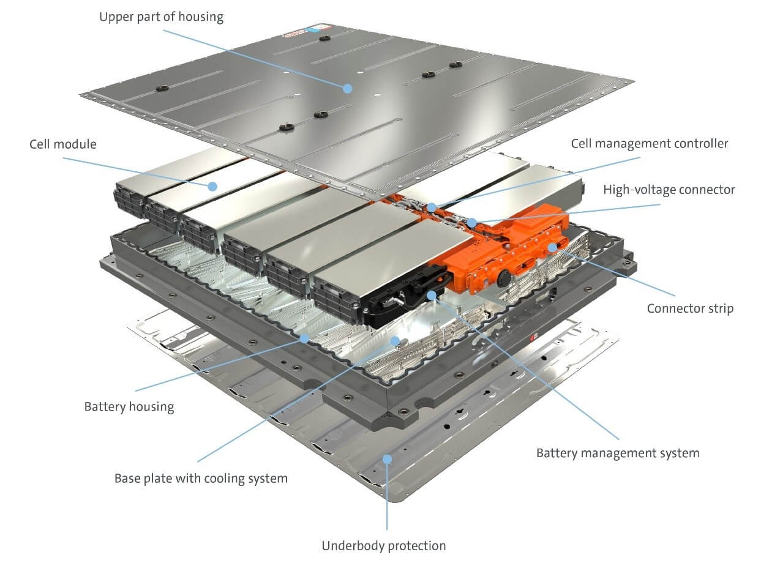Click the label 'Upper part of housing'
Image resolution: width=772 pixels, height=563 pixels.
(161, 17)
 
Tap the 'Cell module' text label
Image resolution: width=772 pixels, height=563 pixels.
(63, 144)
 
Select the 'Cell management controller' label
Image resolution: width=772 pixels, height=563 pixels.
(650, 143)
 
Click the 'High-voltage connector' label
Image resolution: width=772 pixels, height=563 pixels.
(669, 190)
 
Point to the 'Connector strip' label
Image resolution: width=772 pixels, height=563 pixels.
(690, 308)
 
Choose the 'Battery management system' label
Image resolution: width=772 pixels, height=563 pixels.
(617, 453)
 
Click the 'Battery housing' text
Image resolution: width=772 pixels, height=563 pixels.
(129, 407)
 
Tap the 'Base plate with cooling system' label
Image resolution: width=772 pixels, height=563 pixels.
(201, 478)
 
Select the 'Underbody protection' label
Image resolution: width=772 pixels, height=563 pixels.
(384, 545)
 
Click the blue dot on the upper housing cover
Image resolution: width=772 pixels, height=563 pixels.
(347, 88)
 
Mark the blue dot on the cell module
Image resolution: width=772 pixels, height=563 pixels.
(212, 185)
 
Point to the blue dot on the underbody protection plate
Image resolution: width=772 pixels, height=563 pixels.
(386, 458)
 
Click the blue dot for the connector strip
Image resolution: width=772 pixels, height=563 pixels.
(552, 247)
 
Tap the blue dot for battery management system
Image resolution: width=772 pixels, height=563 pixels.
(432, 295)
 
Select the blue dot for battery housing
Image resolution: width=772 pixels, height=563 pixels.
(304, 337)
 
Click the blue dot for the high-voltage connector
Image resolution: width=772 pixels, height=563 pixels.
(472, 223)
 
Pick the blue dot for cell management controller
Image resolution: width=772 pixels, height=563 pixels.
(432, 207)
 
